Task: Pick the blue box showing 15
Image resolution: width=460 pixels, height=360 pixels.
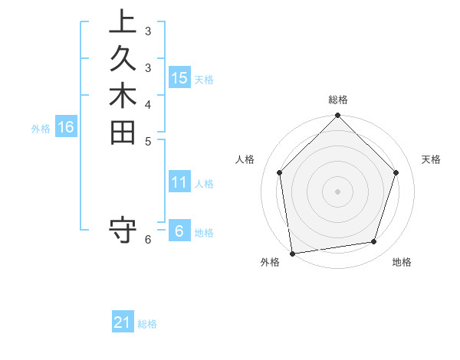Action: click(179, 77)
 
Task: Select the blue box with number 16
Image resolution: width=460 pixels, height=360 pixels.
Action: click(66, 127)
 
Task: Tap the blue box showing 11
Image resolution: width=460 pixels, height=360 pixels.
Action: click(179, 182)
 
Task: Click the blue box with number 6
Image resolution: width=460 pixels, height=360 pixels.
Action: click(179, 231)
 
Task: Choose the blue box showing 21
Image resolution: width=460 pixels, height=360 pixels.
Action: click(123, 322)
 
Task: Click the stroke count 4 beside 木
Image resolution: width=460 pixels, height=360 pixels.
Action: click(147, 105)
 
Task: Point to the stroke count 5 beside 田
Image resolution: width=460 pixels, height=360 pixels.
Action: click(147, 142)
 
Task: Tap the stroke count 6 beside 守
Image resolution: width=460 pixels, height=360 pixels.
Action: click(147, 240)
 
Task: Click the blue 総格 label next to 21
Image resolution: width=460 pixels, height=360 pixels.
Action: click(147, 324)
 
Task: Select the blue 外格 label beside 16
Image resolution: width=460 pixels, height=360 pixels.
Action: click(41, 129)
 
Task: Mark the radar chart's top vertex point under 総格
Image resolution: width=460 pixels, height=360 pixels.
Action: click(337, 116)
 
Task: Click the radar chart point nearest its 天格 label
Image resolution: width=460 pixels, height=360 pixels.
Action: click(396, 172)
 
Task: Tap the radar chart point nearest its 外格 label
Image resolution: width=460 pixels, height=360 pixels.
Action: click(292, 253)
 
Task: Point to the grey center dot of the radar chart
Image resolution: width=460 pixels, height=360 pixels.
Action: click(337, 191)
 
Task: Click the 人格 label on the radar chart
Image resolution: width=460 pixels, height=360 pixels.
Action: click(245, 159)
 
